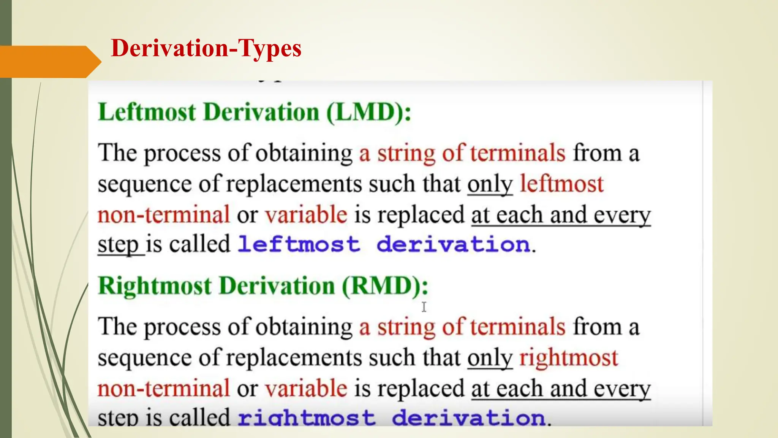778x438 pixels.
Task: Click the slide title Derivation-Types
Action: point(206,49)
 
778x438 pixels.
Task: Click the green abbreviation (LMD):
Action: point(368,113)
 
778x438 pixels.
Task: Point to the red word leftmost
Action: point(561,184)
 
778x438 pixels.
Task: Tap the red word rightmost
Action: point(569,358)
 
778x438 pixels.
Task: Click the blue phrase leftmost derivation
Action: point(384,244)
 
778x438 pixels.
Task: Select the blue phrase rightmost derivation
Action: point(391,417)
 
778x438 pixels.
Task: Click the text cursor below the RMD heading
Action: point(424,307)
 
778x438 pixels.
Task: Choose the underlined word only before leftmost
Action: point(490,185)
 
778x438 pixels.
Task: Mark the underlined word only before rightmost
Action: point(490,359)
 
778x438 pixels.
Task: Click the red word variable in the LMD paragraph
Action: point(306,215)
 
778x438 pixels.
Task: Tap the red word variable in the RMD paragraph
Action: point(306,389)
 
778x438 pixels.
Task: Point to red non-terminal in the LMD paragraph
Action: point(164,215)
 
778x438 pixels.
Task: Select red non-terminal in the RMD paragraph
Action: point(164,389)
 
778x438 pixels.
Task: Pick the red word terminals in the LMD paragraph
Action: point(518,153)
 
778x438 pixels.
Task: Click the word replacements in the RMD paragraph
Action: point(294,359)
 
